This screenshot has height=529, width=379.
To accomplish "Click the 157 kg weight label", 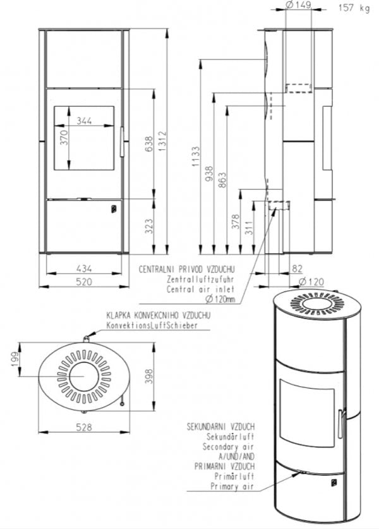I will [x=354, y=8].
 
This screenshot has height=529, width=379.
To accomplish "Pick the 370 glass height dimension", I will [x=64, y=139].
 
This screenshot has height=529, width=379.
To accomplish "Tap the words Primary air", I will [x=234, y=487].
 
